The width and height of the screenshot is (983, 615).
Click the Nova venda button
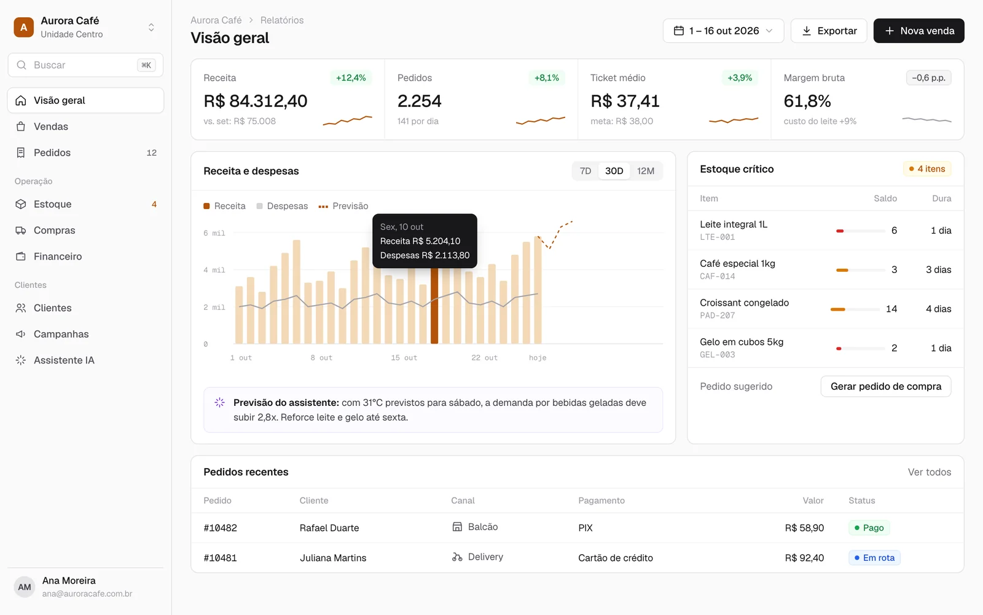pos(918,31)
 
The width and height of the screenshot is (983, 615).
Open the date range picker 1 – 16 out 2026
pos(723,31)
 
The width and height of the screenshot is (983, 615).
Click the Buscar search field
pos(85,65)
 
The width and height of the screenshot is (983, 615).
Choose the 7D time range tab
pos(585,171)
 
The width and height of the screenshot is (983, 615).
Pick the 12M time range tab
pos(646,171)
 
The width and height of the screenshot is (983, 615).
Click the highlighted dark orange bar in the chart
pos(434,306)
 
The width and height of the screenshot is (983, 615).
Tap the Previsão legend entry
pos(343,206)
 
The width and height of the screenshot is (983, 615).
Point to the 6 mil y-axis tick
pos(214,233)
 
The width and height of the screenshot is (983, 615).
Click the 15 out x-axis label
pos(404,357)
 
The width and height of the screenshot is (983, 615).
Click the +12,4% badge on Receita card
pos(351,77)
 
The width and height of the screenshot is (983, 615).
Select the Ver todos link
pos(930,472)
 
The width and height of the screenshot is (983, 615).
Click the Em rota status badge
pos(874,557)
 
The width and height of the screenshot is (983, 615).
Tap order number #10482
pos(221,528)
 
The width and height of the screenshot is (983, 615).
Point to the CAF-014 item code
pos(717,276)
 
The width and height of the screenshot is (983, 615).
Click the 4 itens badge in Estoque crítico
pos(927,169)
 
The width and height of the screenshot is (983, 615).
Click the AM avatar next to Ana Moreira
pos(25,587)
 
